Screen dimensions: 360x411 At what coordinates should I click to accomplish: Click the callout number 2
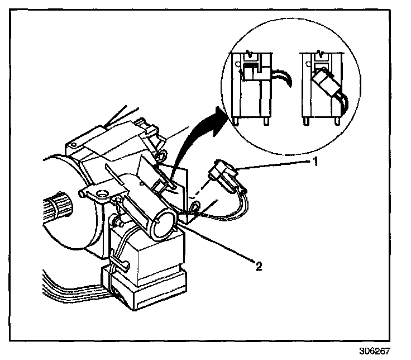pos(258,267)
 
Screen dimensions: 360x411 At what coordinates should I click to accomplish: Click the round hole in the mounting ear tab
pos(102,194)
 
